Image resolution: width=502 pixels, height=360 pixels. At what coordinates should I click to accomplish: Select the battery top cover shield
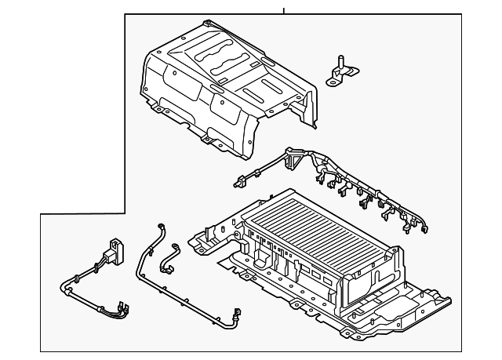point(227,86)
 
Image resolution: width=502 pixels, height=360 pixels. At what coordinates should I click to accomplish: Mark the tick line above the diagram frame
point(284,10)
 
